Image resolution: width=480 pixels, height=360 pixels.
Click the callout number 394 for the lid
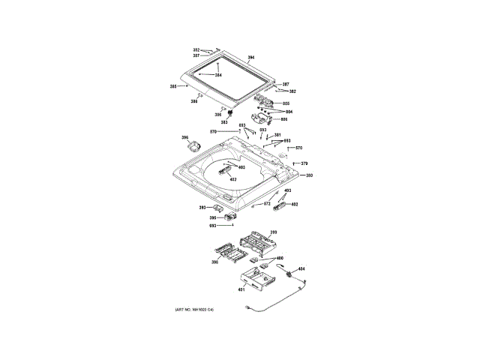point(251,58)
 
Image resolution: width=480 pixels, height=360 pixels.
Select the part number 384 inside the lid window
point(218,75)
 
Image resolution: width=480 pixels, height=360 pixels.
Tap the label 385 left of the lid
point(173,87)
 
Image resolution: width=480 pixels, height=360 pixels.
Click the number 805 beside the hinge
point(286,103)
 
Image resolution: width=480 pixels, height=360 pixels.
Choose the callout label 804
point(289,112)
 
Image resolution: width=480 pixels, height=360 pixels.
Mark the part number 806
point(283,119)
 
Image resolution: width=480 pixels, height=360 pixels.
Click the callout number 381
point(277,135)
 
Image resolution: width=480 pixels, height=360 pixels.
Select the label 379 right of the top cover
point(304,163)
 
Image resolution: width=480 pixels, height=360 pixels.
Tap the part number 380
point(308,175)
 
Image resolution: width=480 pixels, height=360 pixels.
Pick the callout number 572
point(266,203)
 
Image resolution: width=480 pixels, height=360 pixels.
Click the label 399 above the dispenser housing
point(274,232)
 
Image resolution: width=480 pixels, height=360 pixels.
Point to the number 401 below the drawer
point(241,289)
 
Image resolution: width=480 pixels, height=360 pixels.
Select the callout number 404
point(301,268)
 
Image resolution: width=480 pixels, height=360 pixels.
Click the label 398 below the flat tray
point(214,262)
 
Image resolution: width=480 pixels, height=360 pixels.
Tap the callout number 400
point(279,259)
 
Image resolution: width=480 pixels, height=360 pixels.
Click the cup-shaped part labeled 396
point(196,147)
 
